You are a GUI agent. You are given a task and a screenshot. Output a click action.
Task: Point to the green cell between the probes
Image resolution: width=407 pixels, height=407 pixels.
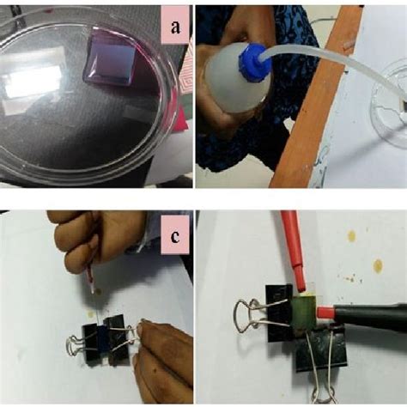[303, 311]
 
